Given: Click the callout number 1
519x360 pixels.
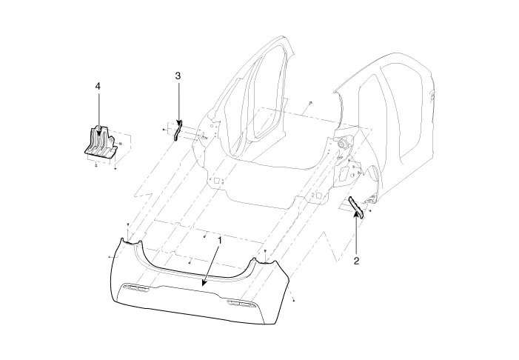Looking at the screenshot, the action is [219, 240].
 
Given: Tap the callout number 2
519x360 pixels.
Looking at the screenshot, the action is [356, 261].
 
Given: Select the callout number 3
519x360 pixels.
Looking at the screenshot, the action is [178, 76].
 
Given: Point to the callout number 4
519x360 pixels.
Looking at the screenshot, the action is [97, 87].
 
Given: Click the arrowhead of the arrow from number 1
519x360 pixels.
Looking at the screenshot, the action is [204, 282].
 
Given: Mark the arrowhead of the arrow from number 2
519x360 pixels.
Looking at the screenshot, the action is [356, 215].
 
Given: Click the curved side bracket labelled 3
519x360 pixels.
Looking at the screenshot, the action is [178, 130].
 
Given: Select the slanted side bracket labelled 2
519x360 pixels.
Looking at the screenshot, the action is [356, 207].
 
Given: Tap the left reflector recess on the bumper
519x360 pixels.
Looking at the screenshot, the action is [135, 289].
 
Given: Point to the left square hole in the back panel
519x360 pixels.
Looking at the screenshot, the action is [217, 181].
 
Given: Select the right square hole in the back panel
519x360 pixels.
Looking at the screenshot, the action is [318, 196].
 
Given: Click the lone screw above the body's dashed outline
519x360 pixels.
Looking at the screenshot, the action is [310, 103].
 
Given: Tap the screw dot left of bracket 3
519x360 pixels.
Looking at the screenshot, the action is [164, 130].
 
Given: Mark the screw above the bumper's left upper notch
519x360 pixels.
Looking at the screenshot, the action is [128, 225].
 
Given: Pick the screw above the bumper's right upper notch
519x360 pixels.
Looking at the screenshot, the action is [265, 251].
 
